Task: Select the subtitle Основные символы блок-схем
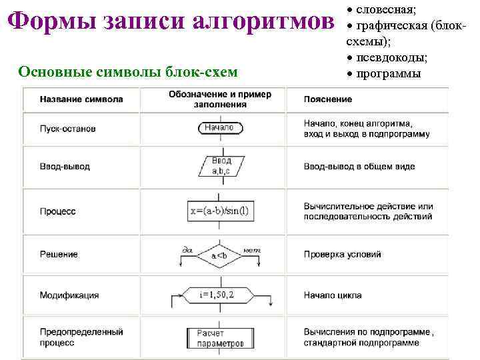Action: point(128,71)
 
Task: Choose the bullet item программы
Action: point(389,73)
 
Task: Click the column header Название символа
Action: point(81,99)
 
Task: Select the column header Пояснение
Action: point(328,99)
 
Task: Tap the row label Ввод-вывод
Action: point(65,166)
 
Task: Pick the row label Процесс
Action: point(58,211)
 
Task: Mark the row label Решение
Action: point(59,254)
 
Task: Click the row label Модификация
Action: point(69,295)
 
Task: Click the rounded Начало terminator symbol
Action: point(219,127)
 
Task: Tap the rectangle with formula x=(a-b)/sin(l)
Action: point(219,211)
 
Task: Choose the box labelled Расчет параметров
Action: point(215,338)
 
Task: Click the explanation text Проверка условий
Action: point(343,254)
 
